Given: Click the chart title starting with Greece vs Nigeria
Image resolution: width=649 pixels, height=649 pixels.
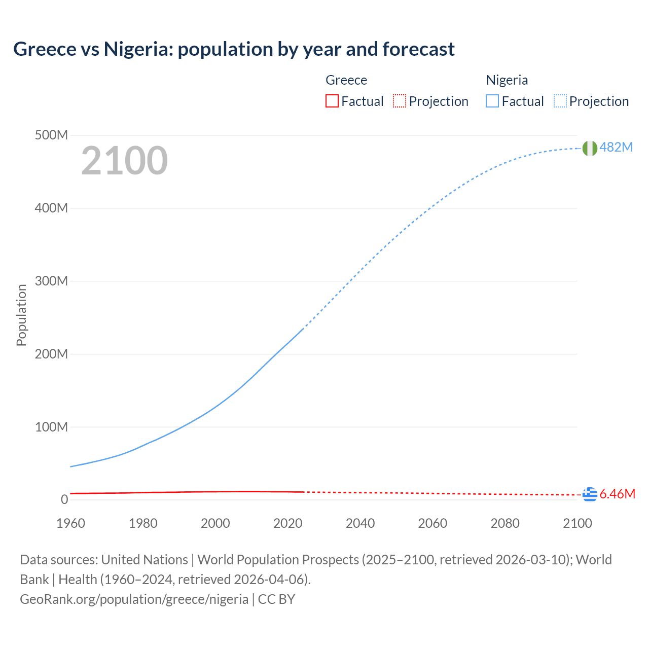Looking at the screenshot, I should coord(234,49).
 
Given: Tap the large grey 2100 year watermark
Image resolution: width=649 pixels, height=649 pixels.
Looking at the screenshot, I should coord(124,161).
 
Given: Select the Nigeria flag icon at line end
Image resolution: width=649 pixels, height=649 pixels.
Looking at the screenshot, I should coord(589,148).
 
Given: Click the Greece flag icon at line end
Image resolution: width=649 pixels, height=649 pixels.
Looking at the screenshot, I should coord(589,494).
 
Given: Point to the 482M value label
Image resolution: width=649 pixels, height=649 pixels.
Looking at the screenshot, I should coord(616,147).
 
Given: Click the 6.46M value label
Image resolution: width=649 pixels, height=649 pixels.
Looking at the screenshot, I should coord(617,494).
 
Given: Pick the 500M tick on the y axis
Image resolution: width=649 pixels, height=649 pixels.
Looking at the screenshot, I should coord(51,135).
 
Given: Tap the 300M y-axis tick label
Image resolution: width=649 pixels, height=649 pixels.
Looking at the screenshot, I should coord(51,281).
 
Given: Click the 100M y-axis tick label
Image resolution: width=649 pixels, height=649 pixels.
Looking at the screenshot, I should coord(51,427).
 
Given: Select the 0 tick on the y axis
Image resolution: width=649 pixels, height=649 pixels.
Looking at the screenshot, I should coord(64,499).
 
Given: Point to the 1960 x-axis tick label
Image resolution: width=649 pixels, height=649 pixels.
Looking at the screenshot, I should coord(70,523).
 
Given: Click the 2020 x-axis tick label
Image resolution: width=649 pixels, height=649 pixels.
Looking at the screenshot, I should coord(287,523).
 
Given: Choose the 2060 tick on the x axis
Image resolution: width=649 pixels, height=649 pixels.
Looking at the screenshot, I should coord(432,523).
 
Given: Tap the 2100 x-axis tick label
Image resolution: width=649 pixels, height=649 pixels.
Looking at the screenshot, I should coord(577,523).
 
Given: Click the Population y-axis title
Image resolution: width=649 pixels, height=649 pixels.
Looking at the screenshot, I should coord(21,315).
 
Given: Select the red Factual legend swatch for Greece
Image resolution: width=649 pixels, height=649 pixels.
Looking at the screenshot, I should coord(332,101).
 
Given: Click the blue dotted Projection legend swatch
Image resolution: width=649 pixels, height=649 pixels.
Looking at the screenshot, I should coord(560,101).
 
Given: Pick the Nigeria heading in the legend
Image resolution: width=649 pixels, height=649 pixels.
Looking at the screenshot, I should coord(507,80).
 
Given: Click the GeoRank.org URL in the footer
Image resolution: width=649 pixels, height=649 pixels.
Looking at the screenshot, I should coord(134,599).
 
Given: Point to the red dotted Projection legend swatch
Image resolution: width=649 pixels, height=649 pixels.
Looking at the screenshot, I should coord(400,101).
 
